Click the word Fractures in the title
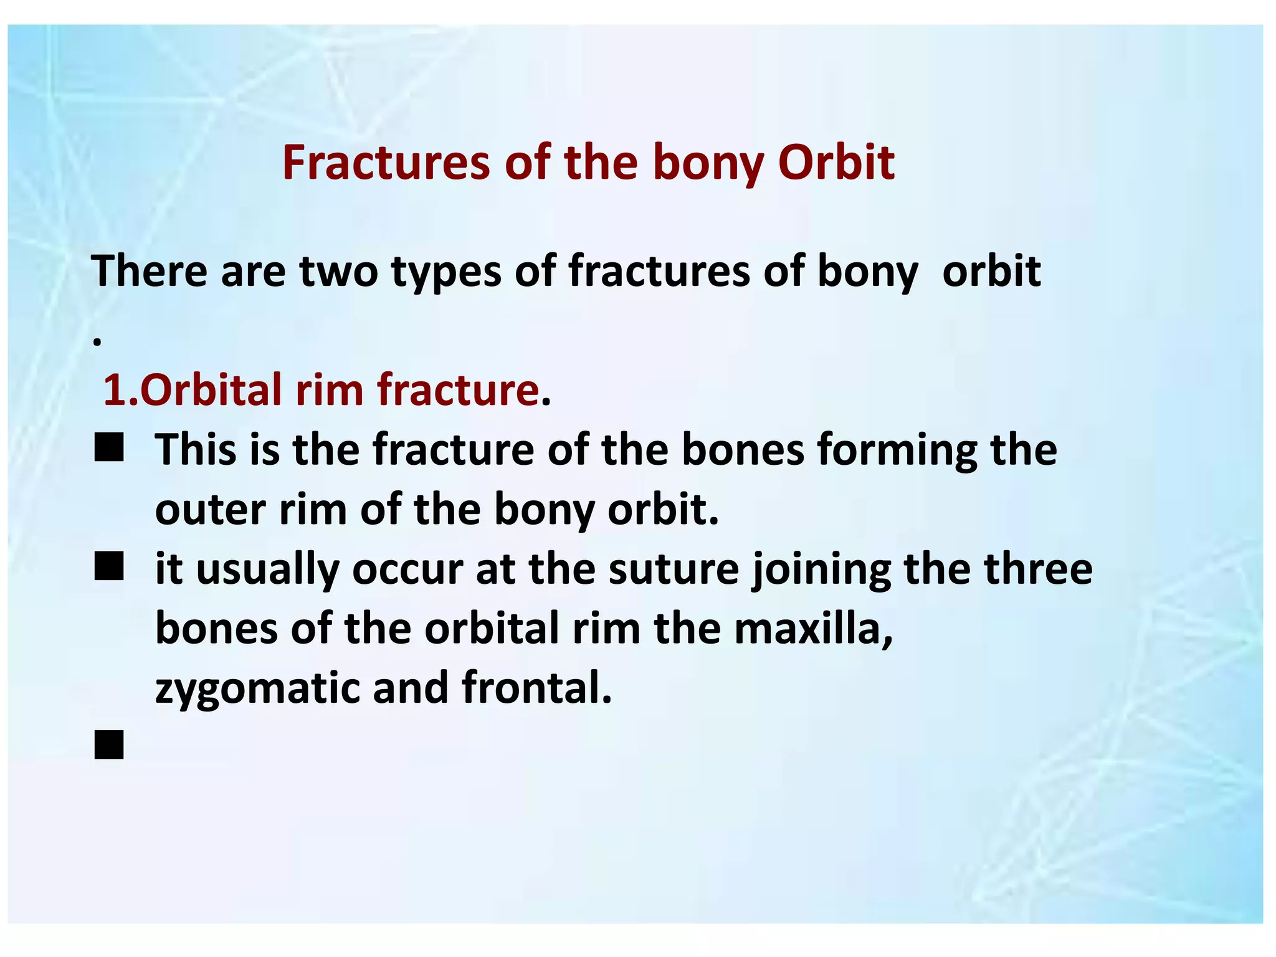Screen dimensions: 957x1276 (386, 163)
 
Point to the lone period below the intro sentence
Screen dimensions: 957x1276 (97, 342)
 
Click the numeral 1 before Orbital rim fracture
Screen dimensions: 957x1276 (113, 390)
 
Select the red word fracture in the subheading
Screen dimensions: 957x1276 (458, 390)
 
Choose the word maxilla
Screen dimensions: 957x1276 (814, 629)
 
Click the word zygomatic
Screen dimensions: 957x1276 (257, 689)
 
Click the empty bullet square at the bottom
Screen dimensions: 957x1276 (109, 745)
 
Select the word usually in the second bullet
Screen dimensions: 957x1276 (267, 570)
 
